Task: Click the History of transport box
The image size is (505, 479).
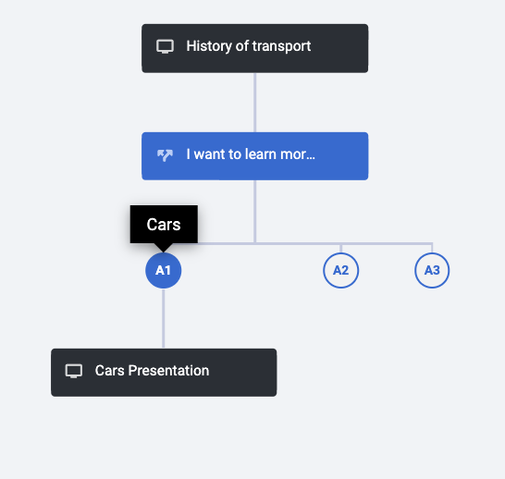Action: point(254,48)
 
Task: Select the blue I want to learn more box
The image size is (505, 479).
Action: point(254,156)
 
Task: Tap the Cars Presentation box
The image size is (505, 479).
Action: point(164,373)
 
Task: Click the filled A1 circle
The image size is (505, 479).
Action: point(164,270)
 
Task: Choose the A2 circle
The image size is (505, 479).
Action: point(340,270)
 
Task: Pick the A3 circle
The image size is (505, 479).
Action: point(432,270)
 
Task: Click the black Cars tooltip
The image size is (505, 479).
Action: point(164,225)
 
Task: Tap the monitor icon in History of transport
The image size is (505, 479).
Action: point(165,46)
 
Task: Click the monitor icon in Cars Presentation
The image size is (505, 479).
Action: point(74,371)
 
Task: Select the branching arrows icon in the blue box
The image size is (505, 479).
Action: point(165,155)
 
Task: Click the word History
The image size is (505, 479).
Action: point(209,46)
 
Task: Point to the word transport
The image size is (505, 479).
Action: point(281,46)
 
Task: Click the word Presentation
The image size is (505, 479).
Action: point(168,371)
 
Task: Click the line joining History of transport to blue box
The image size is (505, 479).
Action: point(254,103)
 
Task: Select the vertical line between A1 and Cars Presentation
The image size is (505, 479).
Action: point(164,318)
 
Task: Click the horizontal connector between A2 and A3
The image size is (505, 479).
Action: point(387,243)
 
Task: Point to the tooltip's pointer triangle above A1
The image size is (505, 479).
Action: point(164,248)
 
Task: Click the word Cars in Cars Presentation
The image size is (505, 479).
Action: point(109,371)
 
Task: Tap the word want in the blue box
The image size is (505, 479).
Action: point(210,154)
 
